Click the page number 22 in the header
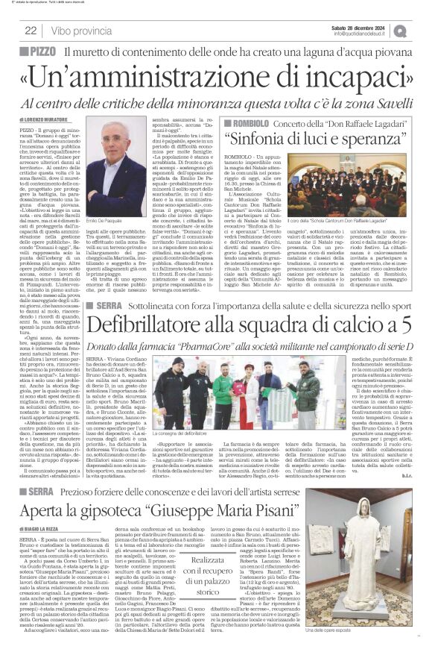(31, 31)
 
